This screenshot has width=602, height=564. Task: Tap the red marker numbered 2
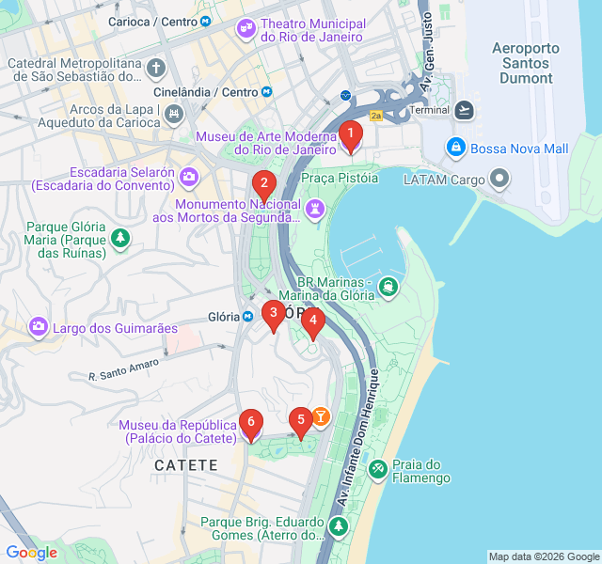(264, 184)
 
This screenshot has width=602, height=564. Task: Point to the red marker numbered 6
(250, 424)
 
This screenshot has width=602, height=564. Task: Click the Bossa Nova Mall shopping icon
(455, 148)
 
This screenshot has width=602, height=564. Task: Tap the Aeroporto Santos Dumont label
(526, 63)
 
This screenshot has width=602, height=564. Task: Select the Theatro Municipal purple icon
(246, 29)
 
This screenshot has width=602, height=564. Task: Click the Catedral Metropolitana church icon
(156, 68)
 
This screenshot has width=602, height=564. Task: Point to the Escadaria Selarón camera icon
(190, 176)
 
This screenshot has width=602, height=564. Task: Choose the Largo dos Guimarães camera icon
(39, 327)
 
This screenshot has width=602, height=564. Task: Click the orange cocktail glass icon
(321, 415)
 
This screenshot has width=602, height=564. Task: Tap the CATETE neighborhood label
(186, 465)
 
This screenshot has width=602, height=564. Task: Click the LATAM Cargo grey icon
(500, 179)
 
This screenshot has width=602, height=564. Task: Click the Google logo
(31, 553)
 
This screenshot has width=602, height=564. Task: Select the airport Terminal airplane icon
(464, 110)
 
